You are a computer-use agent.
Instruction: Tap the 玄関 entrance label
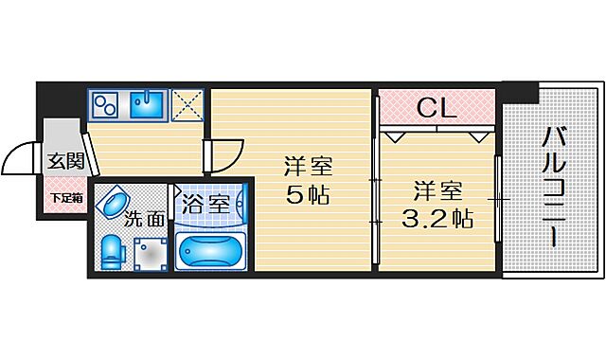click(x=65, y=161)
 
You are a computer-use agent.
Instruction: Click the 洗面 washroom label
click(x=144, y=220)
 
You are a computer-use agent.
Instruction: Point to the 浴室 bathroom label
click(x=205, y=204)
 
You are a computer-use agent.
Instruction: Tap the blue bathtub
click(x=210, y=252)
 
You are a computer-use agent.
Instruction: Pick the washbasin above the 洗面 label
click(x=117, y=202)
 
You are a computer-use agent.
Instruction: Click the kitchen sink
click(x=146, y=105)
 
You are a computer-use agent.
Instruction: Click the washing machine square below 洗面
click(x=148, y=252)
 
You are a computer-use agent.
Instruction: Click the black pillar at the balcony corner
click(x=519, y=93)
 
